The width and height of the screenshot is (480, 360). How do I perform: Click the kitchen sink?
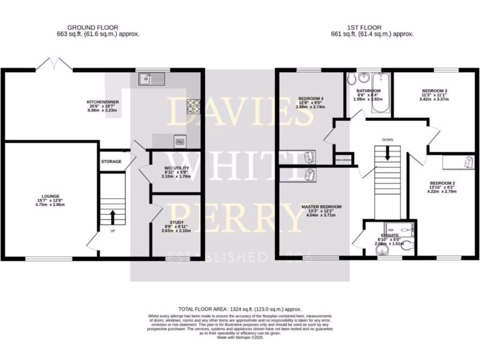[x=152, y=80]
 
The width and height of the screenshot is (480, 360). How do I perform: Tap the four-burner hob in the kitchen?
[x=193, y=106]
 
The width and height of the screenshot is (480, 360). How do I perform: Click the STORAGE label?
[x=111, y=161]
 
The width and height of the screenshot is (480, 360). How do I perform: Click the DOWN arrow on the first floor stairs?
[x=387, y=153]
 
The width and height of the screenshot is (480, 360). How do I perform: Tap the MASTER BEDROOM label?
[x=321, y=207]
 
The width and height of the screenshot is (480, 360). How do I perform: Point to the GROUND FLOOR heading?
[x=93, y=28]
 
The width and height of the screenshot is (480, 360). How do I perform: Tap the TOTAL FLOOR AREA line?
[x=240, y=309]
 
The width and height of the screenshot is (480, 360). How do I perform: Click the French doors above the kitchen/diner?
[x=54, y=65]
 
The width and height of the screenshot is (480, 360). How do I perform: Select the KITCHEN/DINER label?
[x=101, y=102]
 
